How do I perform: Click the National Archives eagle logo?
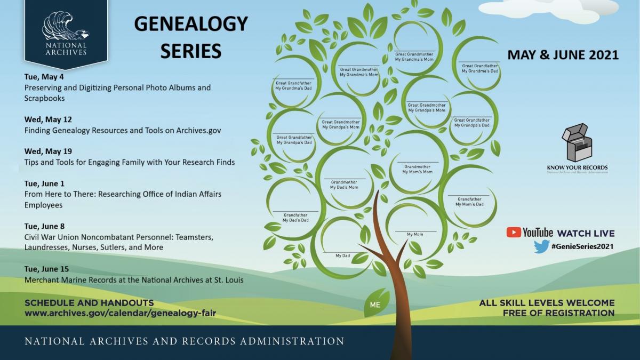[66, 26]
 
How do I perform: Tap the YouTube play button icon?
[514, 233]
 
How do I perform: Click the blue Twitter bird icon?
[541, 246]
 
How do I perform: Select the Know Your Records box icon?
[577, 142]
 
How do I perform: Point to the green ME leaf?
[375, 303]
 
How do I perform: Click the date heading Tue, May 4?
[44, 77]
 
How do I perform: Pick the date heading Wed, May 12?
[48, 119]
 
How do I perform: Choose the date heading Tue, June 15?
[46, 269]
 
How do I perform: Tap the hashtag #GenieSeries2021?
[582, 246]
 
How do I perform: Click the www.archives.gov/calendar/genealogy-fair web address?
[121, 313]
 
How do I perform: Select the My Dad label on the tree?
[342, 255]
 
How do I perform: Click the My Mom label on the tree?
[415, 234]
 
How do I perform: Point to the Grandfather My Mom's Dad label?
[469, 202]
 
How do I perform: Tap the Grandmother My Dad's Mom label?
[344, 185]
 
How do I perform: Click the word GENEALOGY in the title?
[191, 23]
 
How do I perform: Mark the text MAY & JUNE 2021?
[563, 55]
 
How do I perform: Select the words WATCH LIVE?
[586, 234]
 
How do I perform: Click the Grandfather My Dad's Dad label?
[295, 218]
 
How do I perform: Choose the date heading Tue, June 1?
[44, 183]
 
